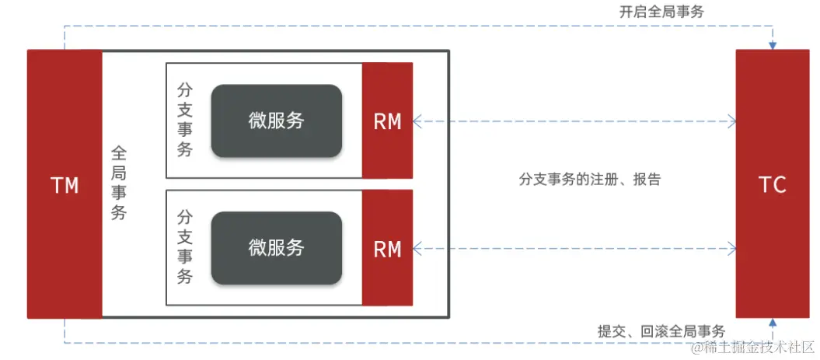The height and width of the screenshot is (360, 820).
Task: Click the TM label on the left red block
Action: pyautogui.click(x=64, y=185)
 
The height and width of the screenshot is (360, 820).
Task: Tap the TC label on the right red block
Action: pyautogui.click(x=773, y=185)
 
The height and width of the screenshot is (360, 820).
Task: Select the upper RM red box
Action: pyautogui.click(x=387, y=121)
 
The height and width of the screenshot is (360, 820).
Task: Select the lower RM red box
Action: pyautogui.click(x=387, y=249)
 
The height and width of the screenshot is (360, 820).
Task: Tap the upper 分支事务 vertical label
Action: pyautogui.click(x=185, y=120)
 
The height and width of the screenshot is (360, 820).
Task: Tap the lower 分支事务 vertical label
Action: pyautogui.click(x=185, y=246)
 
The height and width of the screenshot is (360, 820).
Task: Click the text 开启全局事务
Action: pyautogui.click(x=662, y=12)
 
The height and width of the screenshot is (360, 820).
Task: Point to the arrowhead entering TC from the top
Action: pyautogui.click(x=772, y=45)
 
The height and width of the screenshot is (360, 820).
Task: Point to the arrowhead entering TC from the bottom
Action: pyautogui.click(x=772, y=323)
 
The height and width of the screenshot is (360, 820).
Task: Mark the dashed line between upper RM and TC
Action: pyautogui.click(x=575, y=121)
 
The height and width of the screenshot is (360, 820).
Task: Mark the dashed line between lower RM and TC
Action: pyautogui.click(x=575, y=249)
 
